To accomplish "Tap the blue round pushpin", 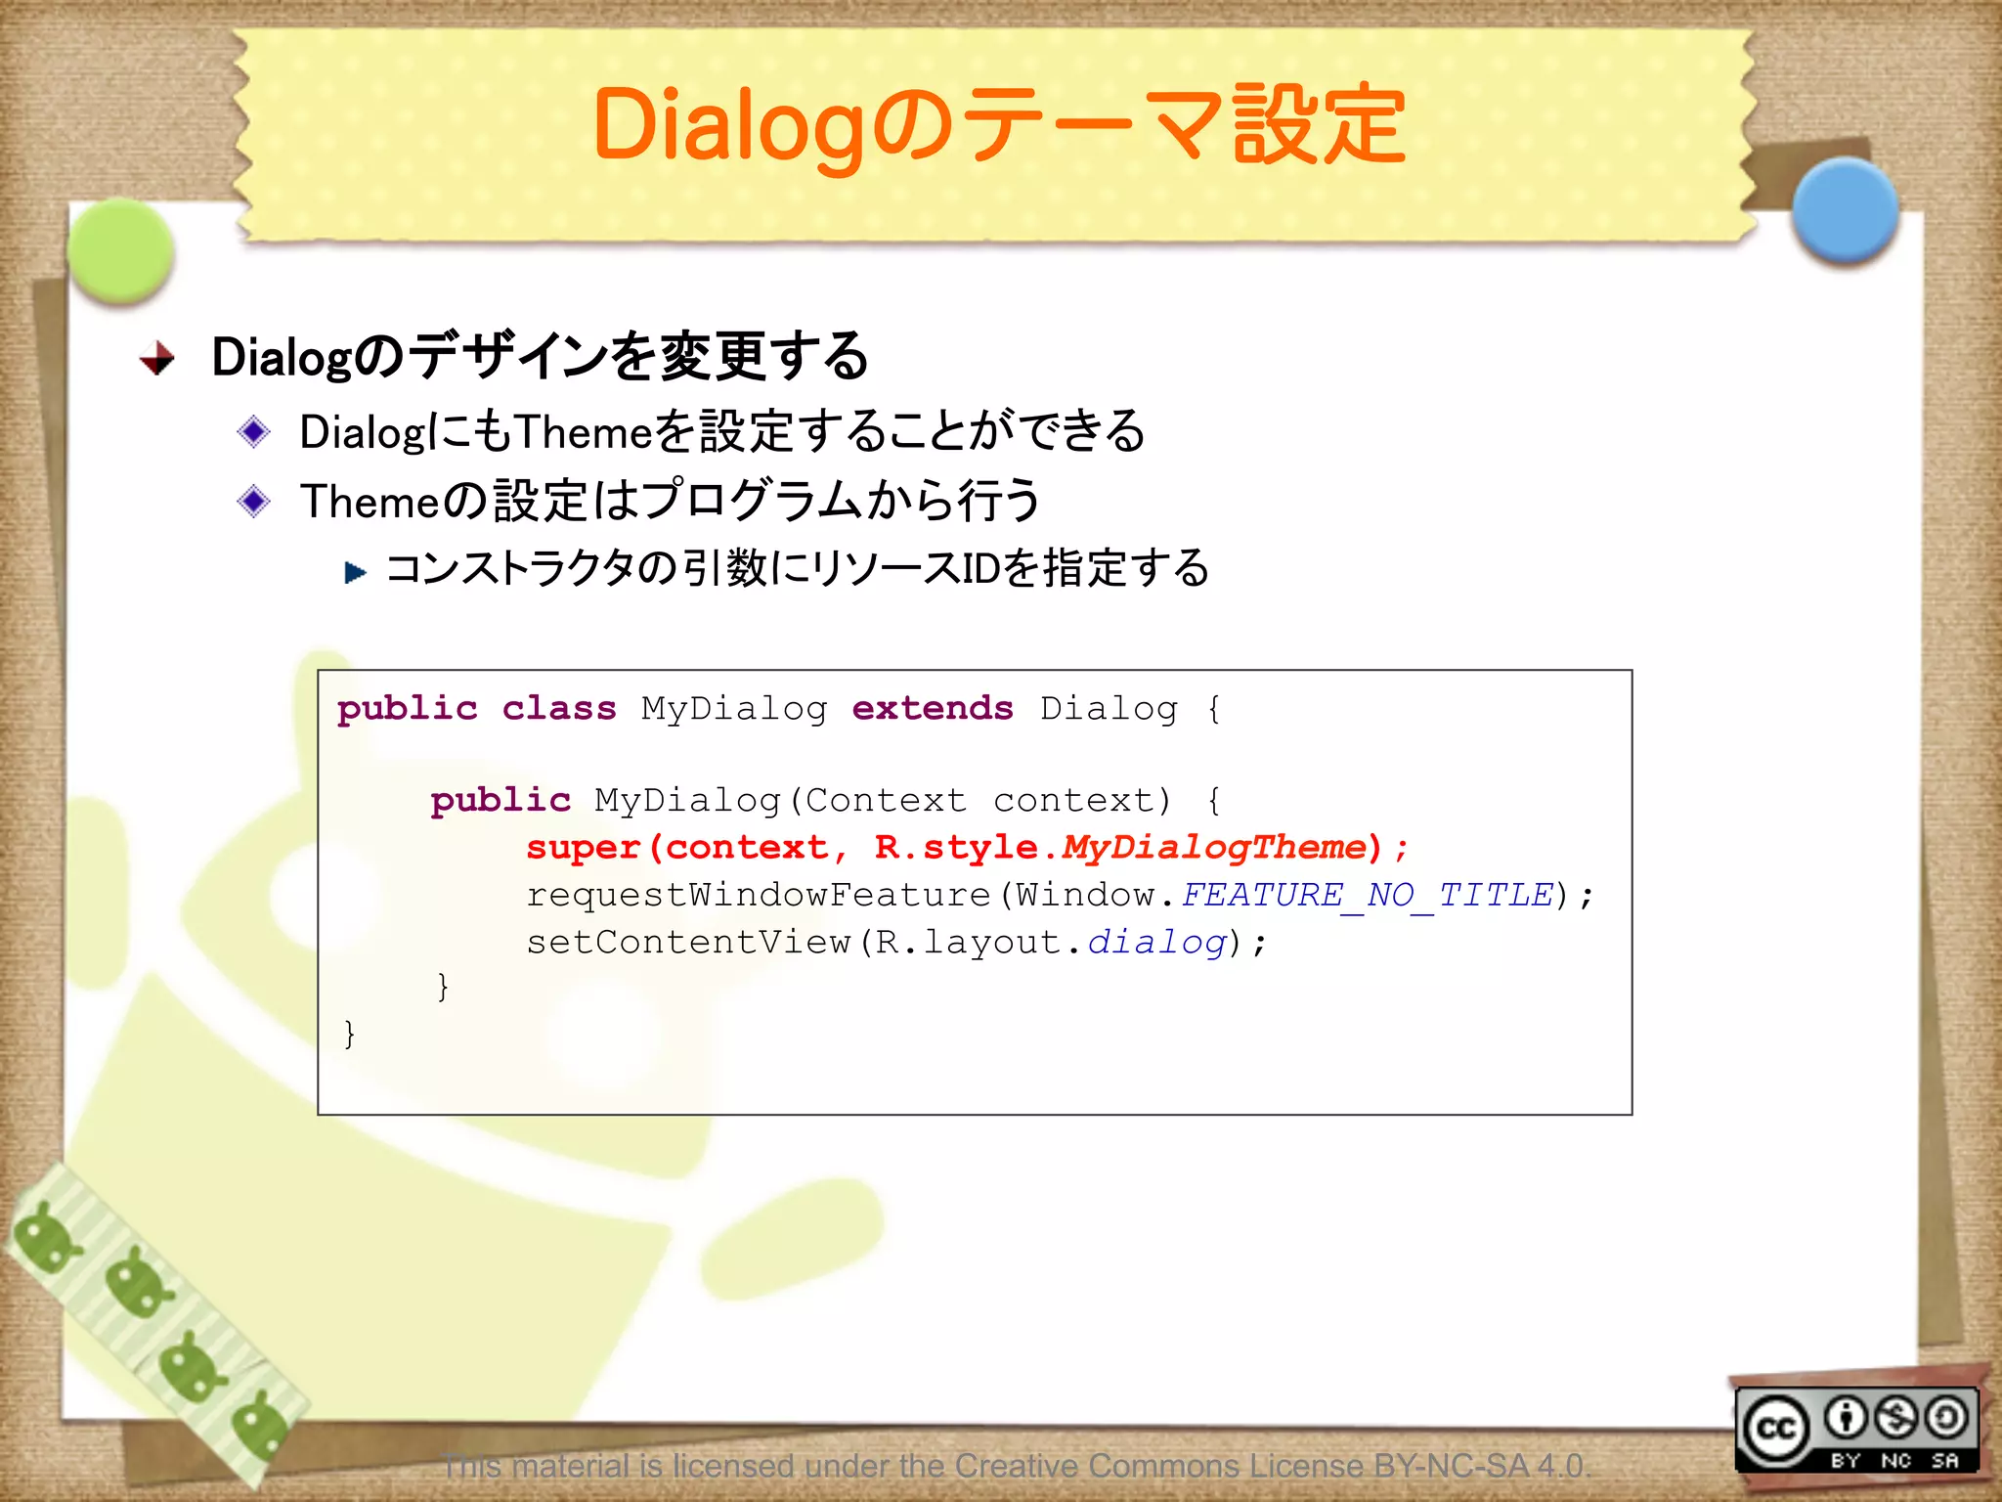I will tap(1846, 211).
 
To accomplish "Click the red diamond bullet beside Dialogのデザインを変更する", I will tap(157, 359).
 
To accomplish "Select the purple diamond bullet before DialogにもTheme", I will tap(254, 431).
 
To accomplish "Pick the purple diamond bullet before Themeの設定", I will tap(254, 501).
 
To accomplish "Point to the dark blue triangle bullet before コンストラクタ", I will tap(355, 571).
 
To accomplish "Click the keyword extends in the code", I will tap(932, 708).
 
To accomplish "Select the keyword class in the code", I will tap(558, 708).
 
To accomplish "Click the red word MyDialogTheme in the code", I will tap(1213, 847).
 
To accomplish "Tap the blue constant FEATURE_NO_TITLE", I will tap(1367, 895).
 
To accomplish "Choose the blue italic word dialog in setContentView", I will tap(1156, 942).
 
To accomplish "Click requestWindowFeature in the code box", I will tap(758, 895).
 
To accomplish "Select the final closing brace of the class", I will tap(349, 1033).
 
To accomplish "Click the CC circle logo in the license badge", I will tap(1775, 1429).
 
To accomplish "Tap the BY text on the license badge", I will tap(1845, 1461).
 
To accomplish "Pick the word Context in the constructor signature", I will tap(886, 801).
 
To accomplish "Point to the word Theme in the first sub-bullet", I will tap(583, 431).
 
